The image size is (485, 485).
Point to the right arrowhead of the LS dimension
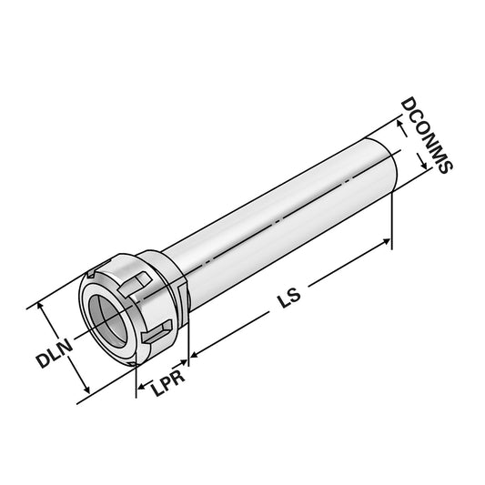pos(389,243)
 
